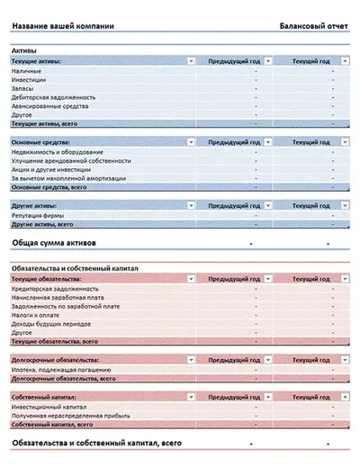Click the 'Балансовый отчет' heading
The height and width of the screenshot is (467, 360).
[x=313, y=26]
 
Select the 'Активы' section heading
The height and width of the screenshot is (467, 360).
[x=24, y=50]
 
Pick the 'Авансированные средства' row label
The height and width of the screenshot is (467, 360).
[x=49, y=106]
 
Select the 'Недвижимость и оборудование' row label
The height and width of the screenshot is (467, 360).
[x=58, y=152]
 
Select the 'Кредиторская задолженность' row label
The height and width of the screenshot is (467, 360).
[x=56, y=289]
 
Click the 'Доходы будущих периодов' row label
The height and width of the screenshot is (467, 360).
[x=52, y=325]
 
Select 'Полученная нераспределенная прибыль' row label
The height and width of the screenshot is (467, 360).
[x=71, y=416]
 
